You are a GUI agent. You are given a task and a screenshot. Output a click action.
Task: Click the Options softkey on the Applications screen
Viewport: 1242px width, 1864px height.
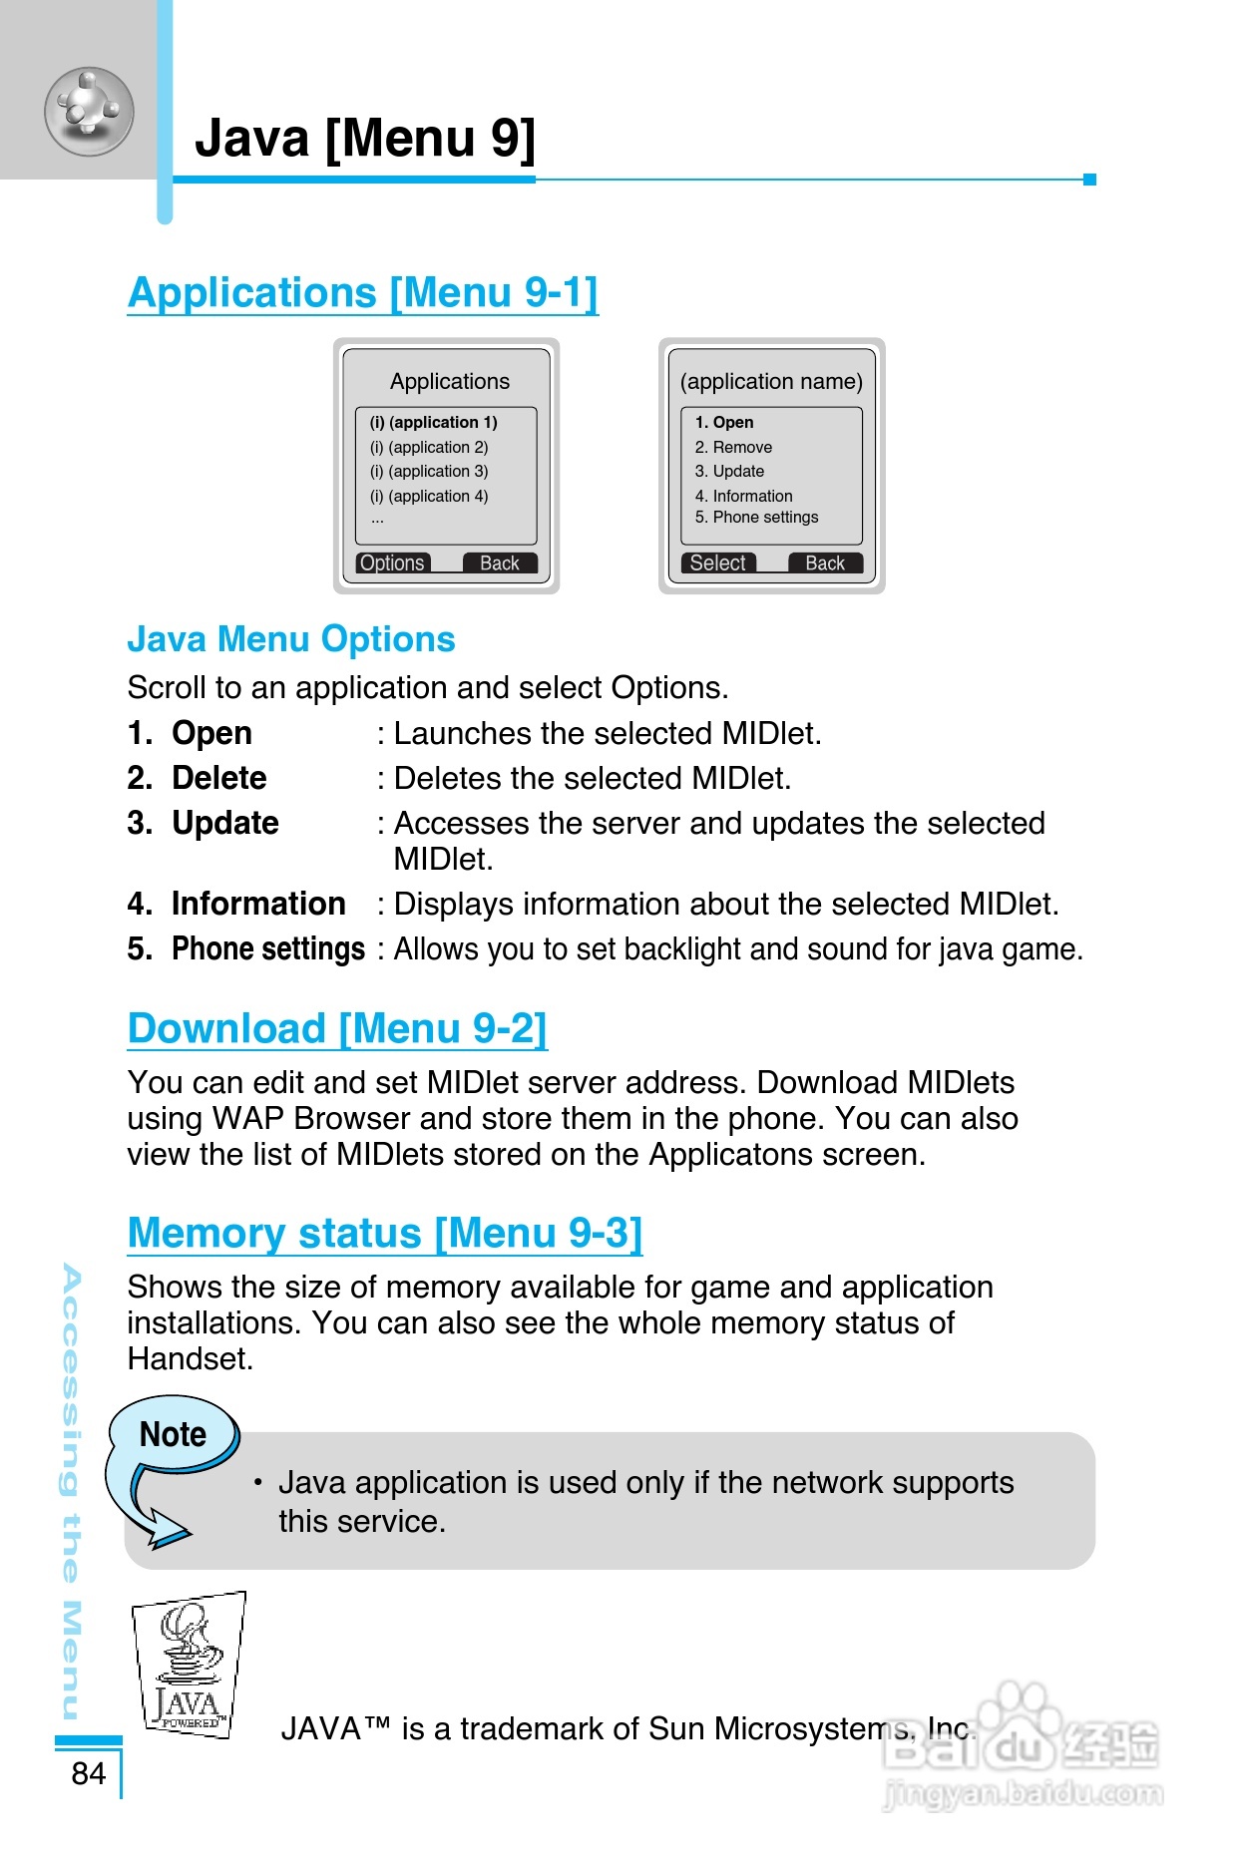[393, 563]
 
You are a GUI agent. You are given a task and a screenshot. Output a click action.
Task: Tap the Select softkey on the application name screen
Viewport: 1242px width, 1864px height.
[718, 563]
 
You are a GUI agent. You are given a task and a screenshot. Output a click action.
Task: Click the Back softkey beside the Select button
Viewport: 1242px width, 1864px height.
[825, 563]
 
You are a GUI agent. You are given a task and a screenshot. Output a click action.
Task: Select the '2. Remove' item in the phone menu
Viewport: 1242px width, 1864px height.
[733, 447]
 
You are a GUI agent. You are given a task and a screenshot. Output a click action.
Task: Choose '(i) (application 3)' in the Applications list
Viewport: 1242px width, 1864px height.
[429, 471]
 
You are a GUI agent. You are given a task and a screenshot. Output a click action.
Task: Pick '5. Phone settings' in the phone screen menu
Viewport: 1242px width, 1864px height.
[756, 517]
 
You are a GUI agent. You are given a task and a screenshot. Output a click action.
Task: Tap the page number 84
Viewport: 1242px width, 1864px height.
[88, 1773]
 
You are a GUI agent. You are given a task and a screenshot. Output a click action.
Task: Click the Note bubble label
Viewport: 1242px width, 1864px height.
[173, 1434]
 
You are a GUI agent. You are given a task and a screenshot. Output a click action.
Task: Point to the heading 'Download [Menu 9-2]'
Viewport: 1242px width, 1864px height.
[337, 1028]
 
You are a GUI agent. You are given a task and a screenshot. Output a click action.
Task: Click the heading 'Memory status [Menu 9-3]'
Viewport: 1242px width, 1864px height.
[384, 1233]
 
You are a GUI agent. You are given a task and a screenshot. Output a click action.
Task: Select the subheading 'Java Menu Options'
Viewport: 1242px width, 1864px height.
[290, 639]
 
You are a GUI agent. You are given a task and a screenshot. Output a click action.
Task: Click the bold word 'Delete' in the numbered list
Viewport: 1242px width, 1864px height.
[218, 778]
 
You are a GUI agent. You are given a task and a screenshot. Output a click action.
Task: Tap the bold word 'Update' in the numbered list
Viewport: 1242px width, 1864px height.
[224, 823]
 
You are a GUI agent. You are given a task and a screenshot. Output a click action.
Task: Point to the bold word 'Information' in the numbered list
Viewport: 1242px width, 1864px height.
[258, 904]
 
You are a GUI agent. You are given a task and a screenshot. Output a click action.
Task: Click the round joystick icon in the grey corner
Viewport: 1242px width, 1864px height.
[89, 111]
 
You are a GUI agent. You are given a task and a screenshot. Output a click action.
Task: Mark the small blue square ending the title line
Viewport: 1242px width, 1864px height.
[1089, 180]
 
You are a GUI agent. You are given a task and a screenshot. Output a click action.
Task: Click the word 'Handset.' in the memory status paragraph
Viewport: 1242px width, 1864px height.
[190, 1358]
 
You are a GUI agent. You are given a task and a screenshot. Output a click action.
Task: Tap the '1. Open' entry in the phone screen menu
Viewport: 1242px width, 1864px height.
[724, 422]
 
